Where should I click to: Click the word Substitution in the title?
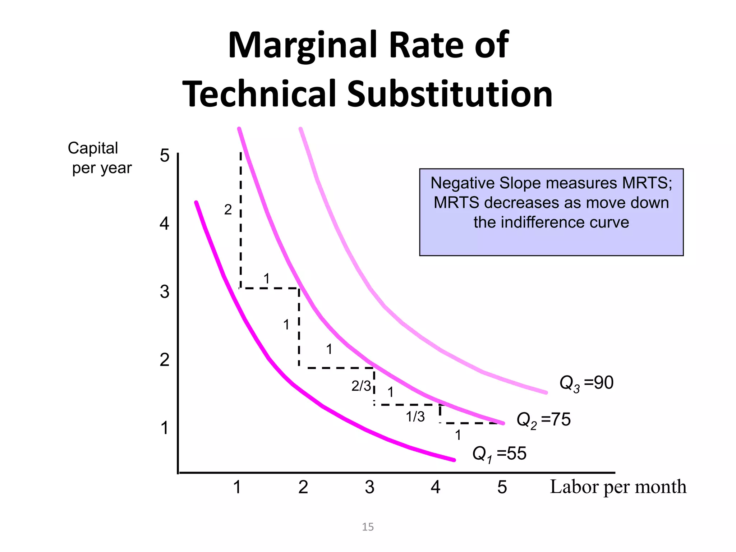(x=449, y=94)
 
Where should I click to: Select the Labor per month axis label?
(x=618, y=487)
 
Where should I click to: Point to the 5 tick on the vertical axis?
(x=165, y=156)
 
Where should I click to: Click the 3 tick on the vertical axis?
(x=165, y=291)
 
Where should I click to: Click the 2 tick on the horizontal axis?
(x=303, y=487)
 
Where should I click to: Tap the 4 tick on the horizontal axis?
(x=436, y=487)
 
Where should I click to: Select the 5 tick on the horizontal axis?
(x=502, y=487)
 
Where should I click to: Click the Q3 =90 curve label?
(x=586, y=383)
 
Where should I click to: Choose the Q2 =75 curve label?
(x=543, y=420)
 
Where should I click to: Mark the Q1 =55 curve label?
(x=499, y=454)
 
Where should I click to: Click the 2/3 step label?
(x=361, y=386)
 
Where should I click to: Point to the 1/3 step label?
(x=415, y=417)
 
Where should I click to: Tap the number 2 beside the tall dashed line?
(x=228, y=210)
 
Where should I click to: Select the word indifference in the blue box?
(x=551, y=222)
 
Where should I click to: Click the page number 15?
(x=368, y=527)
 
